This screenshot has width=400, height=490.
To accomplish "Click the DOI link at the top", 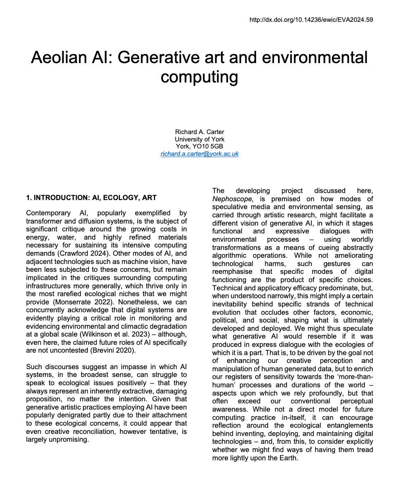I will (x=311, y=19).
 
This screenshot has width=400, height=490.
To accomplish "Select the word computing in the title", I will (x=199, y=77).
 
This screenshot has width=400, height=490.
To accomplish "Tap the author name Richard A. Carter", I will (x=200, y=132).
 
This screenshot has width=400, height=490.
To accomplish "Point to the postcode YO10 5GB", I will (x=209, y=147).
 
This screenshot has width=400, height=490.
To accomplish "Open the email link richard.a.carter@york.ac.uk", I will (x=200, y=154).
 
